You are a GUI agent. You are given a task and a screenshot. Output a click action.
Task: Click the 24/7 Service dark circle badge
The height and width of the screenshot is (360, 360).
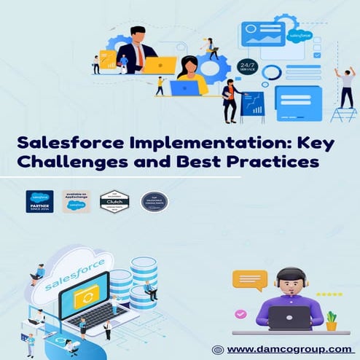click(x=248, y=67)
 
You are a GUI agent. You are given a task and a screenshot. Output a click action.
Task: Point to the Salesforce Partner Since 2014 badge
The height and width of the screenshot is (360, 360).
click(x=39, y=201)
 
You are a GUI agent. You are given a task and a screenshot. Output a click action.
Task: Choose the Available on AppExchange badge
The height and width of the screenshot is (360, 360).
click(x=77, y=201)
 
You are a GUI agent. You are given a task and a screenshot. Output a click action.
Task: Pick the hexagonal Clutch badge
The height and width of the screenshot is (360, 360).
click(x=114, y=200)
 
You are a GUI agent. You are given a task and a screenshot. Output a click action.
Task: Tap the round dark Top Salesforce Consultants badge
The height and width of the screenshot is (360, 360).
click(x=154, y=201)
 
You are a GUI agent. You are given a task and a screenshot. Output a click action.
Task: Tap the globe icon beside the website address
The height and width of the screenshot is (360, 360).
click(x=217, y=349)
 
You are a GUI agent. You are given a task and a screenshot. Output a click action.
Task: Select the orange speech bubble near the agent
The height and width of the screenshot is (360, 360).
click(x=249, y=281)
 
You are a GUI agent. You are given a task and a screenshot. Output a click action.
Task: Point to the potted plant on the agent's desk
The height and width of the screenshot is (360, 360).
click(x=332, y=321)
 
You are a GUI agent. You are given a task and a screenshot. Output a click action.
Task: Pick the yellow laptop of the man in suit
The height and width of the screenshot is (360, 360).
click(x=158, y=65)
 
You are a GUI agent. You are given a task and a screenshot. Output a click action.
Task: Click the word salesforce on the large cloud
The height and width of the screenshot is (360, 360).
click(x=70, y=273)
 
